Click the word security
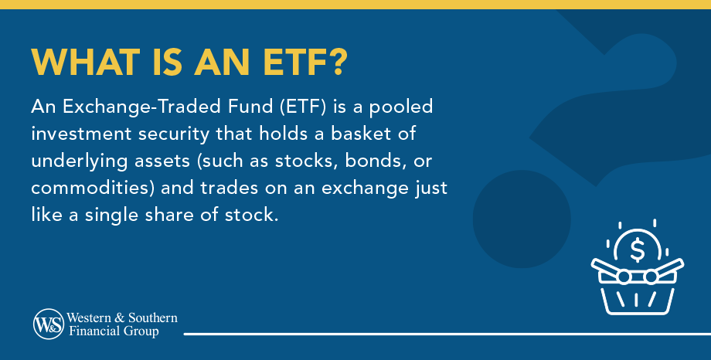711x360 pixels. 190,132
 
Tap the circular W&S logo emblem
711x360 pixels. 49,324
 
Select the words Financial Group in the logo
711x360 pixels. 114,331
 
